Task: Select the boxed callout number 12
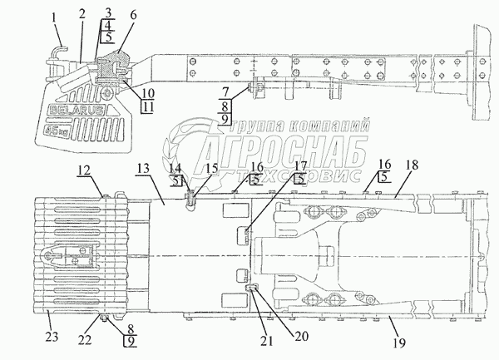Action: point(85,170)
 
